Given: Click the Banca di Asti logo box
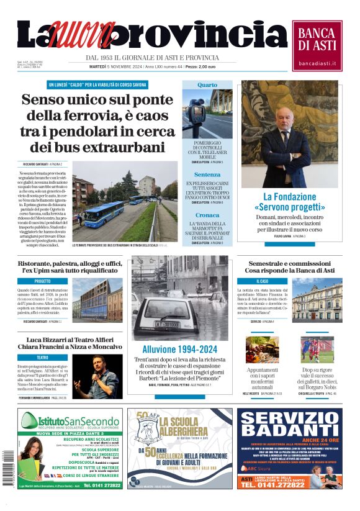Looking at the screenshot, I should point(317,45).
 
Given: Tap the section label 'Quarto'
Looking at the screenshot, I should point(207,84).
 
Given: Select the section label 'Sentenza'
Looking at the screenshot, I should point(207,174).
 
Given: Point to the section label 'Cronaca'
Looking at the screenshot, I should point(207,215).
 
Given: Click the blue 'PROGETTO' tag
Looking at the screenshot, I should point(43,281).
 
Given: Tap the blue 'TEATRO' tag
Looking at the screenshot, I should point(43,358).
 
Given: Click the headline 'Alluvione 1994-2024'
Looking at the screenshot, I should point(179,349).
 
